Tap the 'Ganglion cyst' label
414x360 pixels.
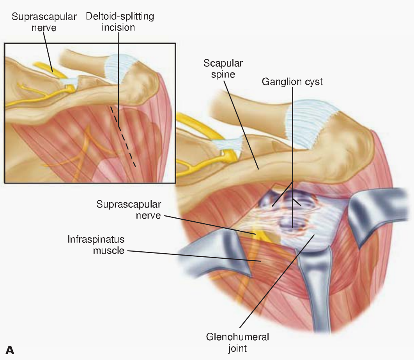pos(292,82)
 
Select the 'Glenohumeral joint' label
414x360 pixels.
pos(237,342)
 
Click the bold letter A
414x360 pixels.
pos(10,350)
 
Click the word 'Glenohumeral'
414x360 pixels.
pos(237,336)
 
